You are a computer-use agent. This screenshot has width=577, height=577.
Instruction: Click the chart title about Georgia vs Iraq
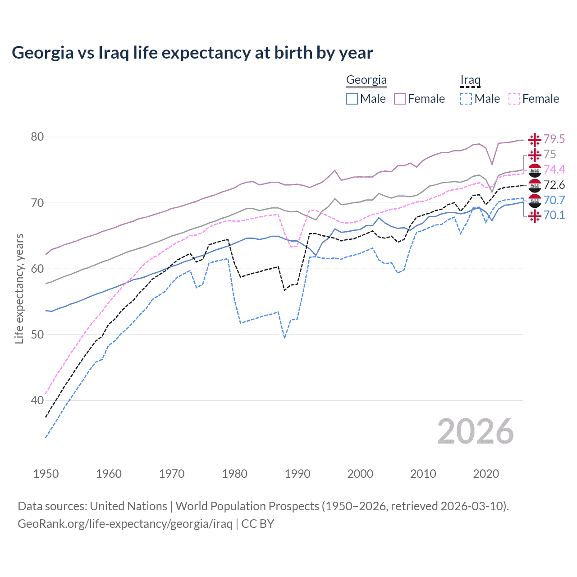click(192, 53)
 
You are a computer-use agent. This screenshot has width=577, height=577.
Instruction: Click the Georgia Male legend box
click(352, 99)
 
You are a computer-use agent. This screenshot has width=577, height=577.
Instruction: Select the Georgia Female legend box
click(400, 99)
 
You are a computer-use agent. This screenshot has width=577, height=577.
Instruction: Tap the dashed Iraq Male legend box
click(466, 99)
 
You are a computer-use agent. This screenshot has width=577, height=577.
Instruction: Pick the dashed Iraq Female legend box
click(514, 99)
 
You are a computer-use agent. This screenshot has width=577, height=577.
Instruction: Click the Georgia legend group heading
click(366, 80)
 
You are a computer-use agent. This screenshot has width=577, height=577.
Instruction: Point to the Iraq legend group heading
click(470, 80)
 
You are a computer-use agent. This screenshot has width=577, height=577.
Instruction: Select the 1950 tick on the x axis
click(46, 474)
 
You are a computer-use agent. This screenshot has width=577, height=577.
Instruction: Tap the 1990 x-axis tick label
click(298, 474)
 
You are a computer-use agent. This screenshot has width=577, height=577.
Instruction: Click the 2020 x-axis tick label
click(486, 474)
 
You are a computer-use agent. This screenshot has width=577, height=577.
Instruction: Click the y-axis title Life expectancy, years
click(19, 288)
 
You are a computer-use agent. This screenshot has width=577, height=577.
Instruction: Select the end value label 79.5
click(554, 139)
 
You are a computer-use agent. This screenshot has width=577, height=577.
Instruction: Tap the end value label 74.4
click(554, 169)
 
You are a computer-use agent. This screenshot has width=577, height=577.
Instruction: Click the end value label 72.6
click(554, 185)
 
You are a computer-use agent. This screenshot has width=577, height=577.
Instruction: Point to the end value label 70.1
click(554, 215)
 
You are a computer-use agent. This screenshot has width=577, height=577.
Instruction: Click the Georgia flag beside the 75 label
click(535, 155)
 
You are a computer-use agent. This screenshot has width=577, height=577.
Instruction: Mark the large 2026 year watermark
click(475, 431)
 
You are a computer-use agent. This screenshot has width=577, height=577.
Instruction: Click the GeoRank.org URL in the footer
click(125, 524)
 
